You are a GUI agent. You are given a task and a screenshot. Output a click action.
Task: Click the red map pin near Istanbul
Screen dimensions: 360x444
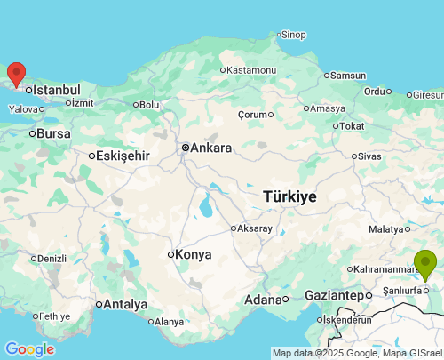click(16, 73)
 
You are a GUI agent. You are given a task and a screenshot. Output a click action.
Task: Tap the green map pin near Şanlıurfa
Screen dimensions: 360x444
click(425, 264)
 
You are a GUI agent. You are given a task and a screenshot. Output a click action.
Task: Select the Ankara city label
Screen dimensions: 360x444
click(211, 148)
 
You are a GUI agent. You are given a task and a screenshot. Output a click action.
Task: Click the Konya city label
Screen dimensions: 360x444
click(194, 254)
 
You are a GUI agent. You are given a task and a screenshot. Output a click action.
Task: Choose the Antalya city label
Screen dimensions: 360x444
click(125, 304)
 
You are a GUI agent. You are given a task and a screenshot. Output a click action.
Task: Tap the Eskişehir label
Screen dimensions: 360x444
click(123, 156)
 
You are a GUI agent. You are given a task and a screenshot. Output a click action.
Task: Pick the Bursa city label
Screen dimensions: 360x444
click(53, 133)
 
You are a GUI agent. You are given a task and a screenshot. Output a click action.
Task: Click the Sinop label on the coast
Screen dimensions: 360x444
click(293, 36)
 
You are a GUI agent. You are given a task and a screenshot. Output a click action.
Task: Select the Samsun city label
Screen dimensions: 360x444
click(348, 76)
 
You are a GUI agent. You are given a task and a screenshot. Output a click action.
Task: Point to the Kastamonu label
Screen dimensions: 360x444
click(253, 70)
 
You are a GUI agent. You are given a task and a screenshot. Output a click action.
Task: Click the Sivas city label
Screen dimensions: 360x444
click(369, 156)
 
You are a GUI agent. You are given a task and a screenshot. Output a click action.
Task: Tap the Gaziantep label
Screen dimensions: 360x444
click(333, 295)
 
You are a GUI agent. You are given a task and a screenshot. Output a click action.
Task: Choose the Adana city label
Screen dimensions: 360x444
click(263, 300)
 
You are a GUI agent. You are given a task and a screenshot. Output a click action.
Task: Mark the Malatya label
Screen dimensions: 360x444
click(386, 229)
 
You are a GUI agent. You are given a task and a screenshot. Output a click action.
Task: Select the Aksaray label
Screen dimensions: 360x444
click(255, 228)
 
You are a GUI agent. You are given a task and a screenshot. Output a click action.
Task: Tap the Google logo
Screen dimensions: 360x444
click(29, 349)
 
